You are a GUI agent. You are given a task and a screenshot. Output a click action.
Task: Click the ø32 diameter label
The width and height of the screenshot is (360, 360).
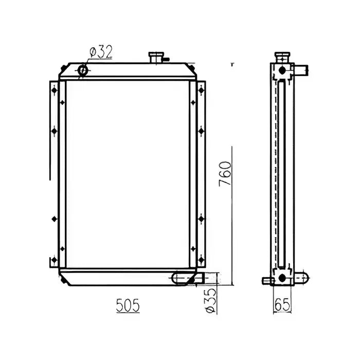tap(101, 52)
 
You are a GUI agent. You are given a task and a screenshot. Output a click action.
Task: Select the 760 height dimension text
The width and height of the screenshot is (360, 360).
tap(226, 174)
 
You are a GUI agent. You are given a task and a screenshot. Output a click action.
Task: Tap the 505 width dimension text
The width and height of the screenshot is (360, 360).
tap(127, 305)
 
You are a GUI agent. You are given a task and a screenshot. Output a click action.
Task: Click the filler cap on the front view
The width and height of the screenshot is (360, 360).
tap(155, 57)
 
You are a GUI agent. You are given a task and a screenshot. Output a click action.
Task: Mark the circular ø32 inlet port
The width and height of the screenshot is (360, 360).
tap(83, 70)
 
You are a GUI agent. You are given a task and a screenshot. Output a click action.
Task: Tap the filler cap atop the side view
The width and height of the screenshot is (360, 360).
tap(281, 56)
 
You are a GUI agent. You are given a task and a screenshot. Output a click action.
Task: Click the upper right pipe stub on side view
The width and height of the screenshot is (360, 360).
tap(300, 68)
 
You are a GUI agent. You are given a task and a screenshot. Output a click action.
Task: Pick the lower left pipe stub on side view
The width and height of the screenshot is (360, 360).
tap(267, 280)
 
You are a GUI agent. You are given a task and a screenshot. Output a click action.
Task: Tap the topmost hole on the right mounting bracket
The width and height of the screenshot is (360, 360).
tap(201, 90)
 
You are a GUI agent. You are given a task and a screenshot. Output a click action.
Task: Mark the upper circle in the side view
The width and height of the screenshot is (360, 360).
tap(281, 71)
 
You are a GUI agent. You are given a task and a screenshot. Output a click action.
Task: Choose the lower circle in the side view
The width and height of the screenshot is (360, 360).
tap(281, 278)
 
